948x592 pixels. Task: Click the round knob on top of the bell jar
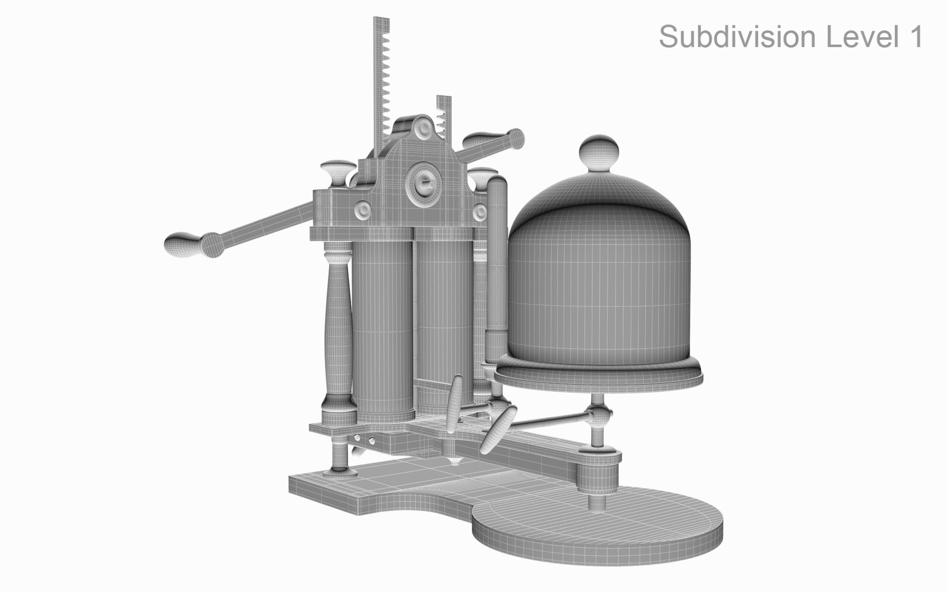point(600,155)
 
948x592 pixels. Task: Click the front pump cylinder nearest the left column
point(382,329)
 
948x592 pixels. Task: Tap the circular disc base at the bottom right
point(598,526)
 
